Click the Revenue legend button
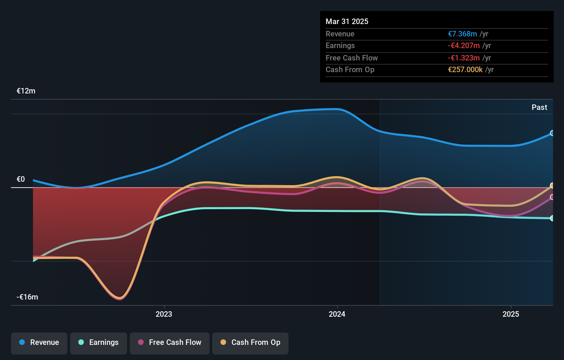(x=39, y=342)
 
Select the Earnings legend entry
(x=99, y=342)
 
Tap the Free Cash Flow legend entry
(x=170, y=342)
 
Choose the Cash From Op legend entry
(x=250, y=342)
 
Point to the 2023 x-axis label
(x=164, y=314)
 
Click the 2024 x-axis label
(x=337, y=314)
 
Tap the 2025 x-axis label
(x=511, y=314)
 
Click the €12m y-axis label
(x=26, y=91)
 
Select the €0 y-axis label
(x=21, y=179)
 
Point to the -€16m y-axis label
(x=27, y=297)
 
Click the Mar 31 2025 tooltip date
(x=347, y=22)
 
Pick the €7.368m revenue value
(x=462, y=34)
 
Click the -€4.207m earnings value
(x=464, y=46)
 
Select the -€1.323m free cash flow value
(x=464, y=58)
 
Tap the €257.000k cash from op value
(x=465, y=70)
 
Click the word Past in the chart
(x=539, y=108)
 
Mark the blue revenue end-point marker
(x=552, y=133)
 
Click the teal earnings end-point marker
(x=552, y=218)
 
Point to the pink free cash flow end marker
(x=552, y=197)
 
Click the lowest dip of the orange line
(x=120, y=297)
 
